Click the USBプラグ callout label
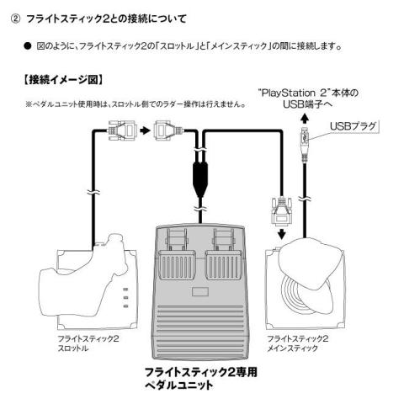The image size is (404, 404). click(353, 126)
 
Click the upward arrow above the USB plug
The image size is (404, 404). click(305, 119)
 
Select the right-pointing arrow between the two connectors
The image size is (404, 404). click(145, 130)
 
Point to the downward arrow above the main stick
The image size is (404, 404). click(282, 233)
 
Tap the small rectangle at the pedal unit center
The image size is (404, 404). click(200, 292)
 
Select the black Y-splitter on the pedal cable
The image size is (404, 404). click(200, 180)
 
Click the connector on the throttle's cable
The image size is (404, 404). click(123, 130)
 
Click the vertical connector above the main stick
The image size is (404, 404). click(281, 210)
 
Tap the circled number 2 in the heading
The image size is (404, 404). click(15, 19)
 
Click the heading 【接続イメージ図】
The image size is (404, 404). click(63, 80)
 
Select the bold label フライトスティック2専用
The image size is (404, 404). click(200, 372)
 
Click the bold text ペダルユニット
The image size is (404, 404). click(178, 385)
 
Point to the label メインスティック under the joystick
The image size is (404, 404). click(292, 348)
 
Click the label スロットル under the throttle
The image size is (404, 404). click(72, 348)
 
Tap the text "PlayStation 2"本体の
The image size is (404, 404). click(308, 93)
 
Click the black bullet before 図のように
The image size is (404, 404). click(27, 46)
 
